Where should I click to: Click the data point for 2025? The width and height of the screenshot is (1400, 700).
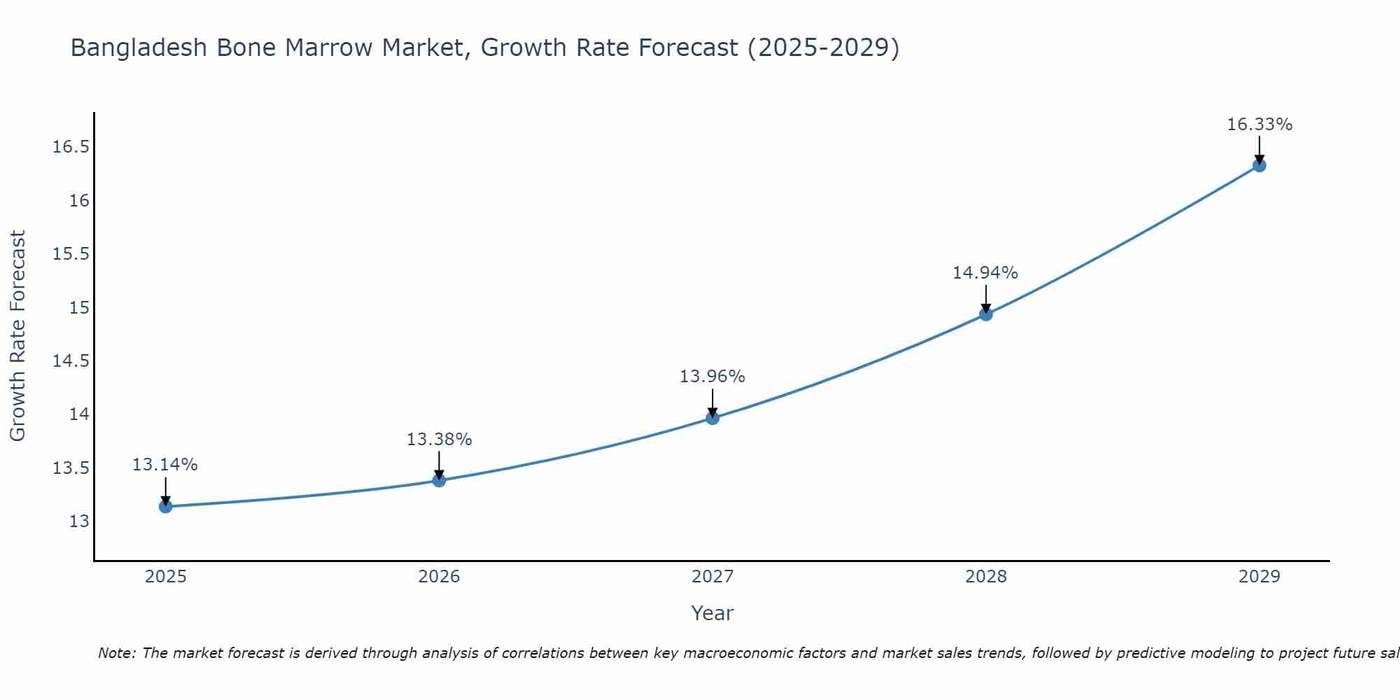[166, 506]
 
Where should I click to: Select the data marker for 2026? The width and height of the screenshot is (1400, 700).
[439, 480]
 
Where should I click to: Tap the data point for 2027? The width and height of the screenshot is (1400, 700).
[713, 418]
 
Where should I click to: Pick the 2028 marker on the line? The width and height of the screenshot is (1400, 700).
[986, 314]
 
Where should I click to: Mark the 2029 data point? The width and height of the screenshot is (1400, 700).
[1259, 165]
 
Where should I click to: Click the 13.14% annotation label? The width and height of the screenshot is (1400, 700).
[165, 465]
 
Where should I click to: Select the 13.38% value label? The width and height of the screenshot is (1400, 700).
[439, 440]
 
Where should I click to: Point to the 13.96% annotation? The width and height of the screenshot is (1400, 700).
[713, 377]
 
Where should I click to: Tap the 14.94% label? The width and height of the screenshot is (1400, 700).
[985, 273]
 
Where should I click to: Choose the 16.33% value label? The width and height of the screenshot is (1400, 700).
[1259, 125]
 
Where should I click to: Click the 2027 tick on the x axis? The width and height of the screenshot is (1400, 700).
[713, 577]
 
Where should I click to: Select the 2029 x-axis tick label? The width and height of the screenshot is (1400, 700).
[1259, 577]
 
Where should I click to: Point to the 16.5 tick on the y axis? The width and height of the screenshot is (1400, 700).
[71, 147]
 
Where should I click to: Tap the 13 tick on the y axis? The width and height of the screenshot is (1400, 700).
[79, 521]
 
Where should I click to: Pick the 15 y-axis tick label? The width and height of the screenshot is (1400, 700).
[79, 308]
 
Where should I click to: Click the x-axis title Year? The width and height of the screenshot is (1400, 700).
[712, 613]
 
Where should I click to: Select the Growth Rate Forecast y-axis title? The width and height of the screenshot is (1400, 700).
[17, 336]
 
